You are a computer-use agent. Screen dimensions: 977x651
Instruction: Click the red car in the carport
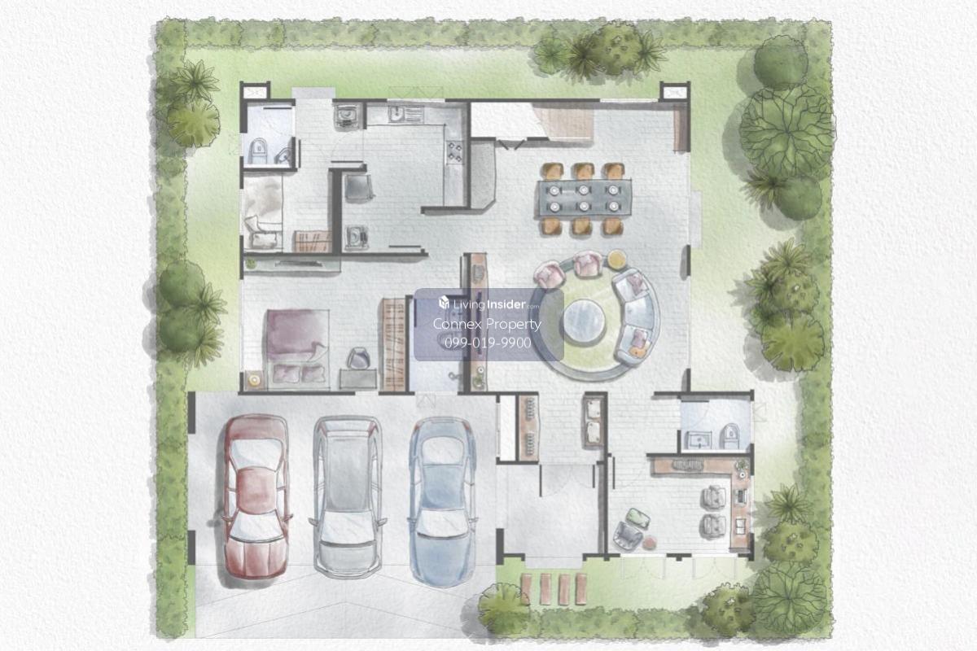click(x=257, y=497)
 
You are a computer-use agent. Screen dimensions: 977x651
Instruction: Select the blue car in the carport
click(x=441, y=501)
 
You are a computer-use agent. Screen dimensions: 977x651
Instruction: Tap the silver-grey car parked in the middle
click(x=348, y=497)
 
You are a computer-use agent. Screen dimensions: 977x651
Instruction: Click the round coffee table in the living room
click(x=584, y=321)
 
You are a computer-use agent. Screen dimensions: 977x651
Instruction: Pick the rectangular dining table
click(x=585, y=199)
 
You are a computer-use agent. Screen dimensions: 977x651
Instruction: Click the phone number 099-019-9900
click(x=488, y=343)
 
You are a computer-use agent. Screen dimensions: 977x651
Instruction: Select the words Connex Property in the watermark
click(x=487, y=324)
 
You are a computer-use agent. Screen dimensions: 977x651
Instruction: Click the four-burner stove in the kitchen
click(x=454, y=151)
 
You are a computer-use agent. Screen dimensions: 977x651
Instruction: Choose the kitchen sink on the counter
click(x=396, y=114)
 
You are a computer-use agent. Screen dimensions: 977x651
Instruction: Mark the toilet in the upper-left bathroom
click(x=257, y=151)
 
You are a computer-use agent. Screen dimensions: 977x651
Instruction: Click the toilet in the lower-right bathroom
click(x=729, y=436)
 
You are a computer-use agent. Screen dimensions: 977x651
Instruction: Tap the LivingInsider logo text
click(x=489, y=304)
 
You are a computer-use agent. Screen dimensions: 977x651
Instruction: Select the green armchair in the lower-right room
click(x=638, y=518)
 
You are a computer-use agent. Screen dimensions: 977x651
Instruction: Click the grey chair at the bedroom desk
click(x=358, y=358)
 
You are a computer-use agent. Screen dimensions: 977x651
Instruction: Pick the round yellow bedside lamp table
click(x=253, y=380)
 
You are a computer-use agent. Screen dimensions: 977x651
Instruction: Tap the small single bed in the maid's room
click(x=262, y=214)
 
